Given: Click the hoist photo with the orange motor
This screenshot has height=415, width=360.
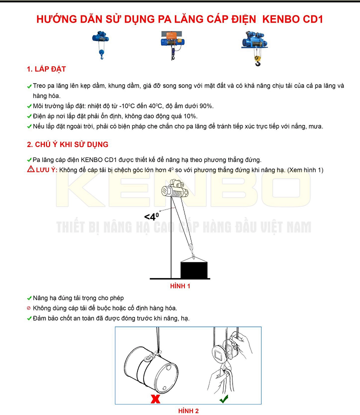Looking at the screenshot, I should [x=172, y=44].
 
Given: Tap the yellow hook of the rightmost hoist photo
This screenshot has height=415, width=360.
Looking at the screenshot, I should [x=258, y=62].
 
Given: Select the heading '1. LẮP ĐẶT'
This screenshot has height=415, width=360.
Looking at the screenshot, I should [x=46, y=69].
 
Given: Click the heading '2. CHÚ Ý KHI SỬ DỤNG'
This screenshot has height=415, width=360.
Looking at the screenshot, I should [x=67, y=144].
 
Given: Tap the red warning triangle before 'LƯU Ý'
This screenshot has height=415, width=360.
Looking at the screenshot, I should [x=30, y=170].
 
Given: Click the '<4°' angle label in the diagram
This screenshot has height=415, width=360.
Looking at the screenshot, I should [x=151, y=216].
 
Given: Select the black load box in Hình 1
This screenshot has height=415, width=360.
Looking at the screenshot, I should [x=194, y=269].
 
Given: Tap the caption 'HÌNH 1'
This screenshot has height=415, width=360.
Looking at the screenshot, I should [x=180, y=286].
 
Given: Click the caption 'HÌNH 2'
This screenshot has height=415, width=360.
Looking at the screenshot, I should [x=188, y=411].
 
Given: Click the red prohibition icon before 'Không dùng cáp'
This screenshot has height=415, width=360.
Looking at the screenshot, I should [x=29, y=308].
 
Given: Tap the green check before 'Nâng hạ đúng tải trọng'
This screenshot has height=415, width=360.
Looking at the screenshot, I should [x=29, y=298].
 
